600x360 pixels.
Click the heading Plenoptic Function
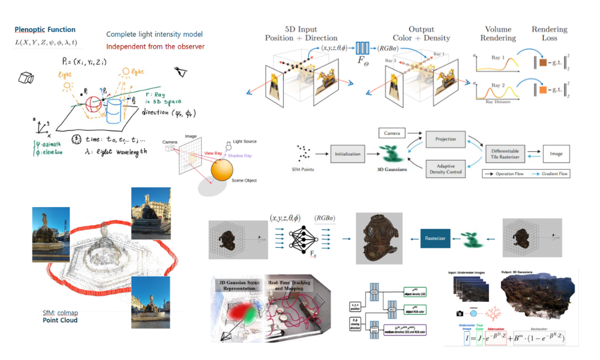pyautogui.click(x=45, y=29)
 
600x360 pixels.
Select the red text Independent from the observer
pyautogui.click(x=155, y=47)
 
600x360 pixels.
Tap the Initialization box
pyautogui.click(x=347, y=154)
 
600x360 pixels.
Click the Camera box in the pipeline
pyautogui.click(x=392, y=133)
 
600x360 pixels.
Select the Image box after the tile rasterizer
pyautogui.click(x=556, y=154)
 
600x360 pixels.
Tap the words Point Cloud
pyautogui.click(x=60, y=320)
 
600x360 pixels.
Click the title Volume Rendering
pyautogui.click(x=498, y=34)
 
